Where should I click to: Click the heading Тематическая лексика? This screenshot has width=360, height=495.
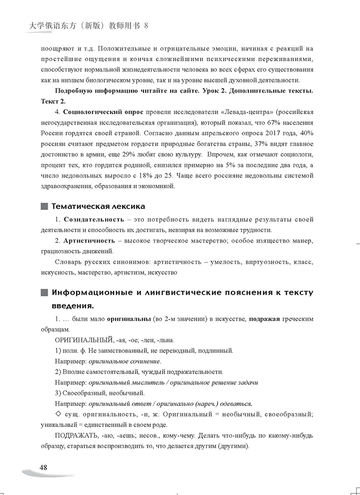98,206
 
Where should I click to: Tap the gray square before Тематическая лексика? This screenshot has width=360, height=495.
43,206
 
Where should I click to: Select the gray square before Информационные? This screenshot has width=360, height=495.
43,293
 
